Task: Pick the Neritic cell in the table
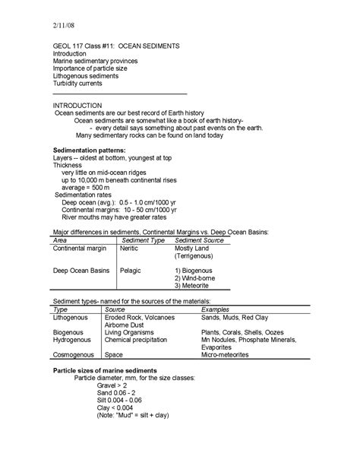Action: (x=131, y=249)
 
